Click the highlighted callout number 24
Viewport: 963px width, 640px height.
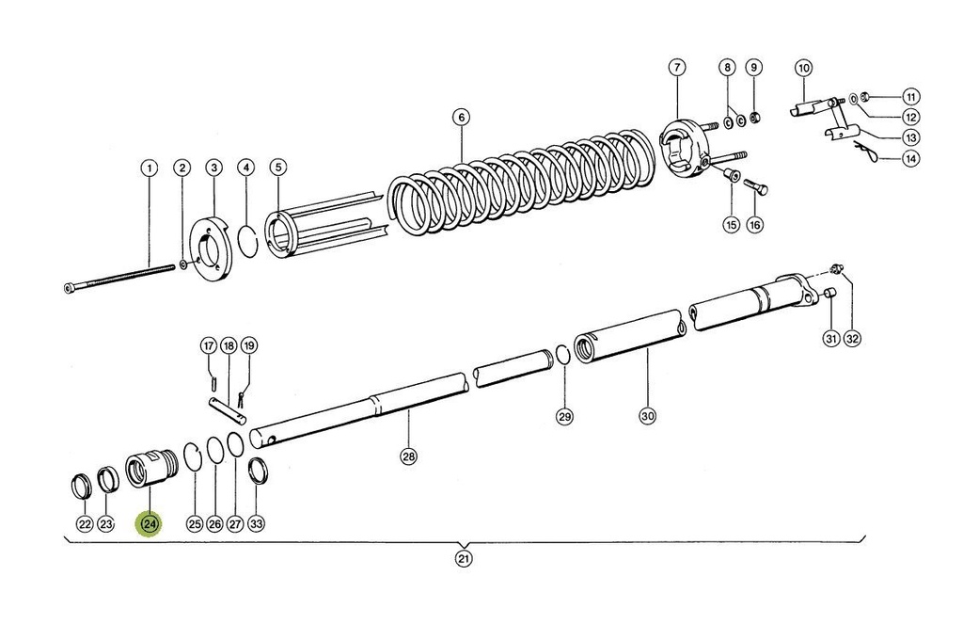(x=150, y=524)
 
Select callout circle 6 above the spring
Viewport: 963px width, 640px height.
(x=460, y=118)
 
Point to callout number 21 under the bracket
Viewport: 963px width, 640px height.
(x=463, y=558)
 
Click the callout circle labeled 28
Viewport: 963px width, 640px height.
(x=408, y=456)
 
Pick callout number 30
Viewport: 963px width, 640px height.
(x=647, y=415)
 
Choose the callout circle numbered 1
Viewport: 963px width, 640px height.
(x=149, y=168)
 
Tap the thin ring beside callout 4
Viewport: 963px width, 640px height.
(x=247, y=239)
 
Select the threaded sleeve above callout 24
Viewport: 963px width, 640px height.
(x=151, y=469)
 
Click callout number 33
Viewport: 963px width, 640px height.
(x=257, y=524)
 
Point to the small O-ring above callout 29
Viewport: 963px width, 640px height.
(x=561, y=354)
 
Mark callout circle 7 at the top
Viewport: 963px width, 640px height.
(x=677, y=68)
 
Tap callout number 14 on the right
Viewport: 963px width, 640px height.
(x=910, y=158)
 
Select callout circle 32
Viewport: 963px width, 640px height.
(x=852, y=339)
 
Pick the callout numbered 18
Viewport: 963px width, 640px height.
(x=228, y=345)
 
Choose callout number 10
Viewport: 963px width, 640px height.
(x=803, y=68)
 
